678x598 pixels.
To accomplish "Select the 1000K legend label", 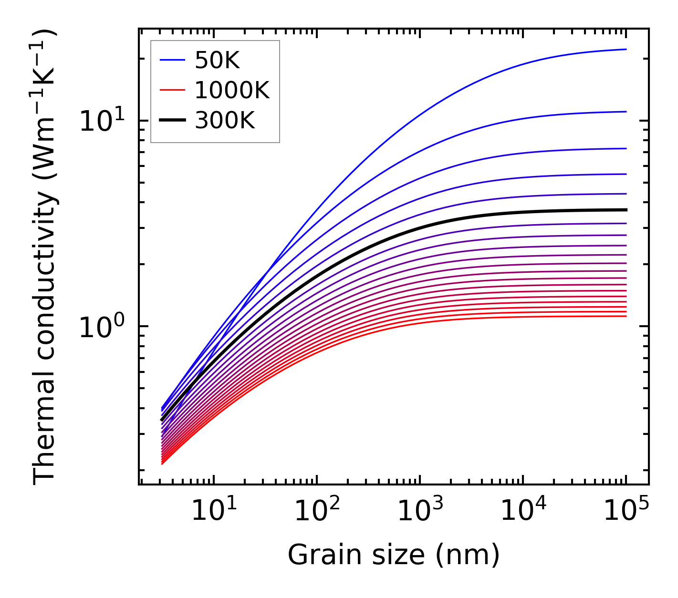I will pyautogui.click(x=232, y=90).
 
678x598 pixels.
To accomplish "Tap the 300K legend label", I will pyautogui.click(x=225, y=121).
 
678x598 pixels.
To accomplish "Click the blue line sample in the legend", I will pyautogui.click(x=172, y=60).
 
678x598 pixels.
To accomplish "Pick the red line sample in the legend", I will pyautogui.click(x=172, y=90).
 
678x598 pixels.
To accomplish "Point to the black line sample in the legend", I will pyautogui.click(x=172, y=121).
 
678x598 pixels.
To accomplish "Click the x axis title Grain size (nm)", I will pyautogui.click(x=394, y=555).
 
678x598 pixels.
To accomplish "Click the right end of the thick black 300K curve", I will pyautogui.click(x=626, y=210).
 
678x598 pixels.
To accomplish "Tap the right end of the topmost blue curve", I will pyautogui.click(x=626, y=49).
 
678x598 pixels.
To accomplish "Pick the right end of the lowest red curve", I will pyautogui.click(x=626, y=316).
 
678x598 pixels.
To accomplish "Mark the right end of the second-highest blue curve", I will pyautogui.click(x=626, y=112).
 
